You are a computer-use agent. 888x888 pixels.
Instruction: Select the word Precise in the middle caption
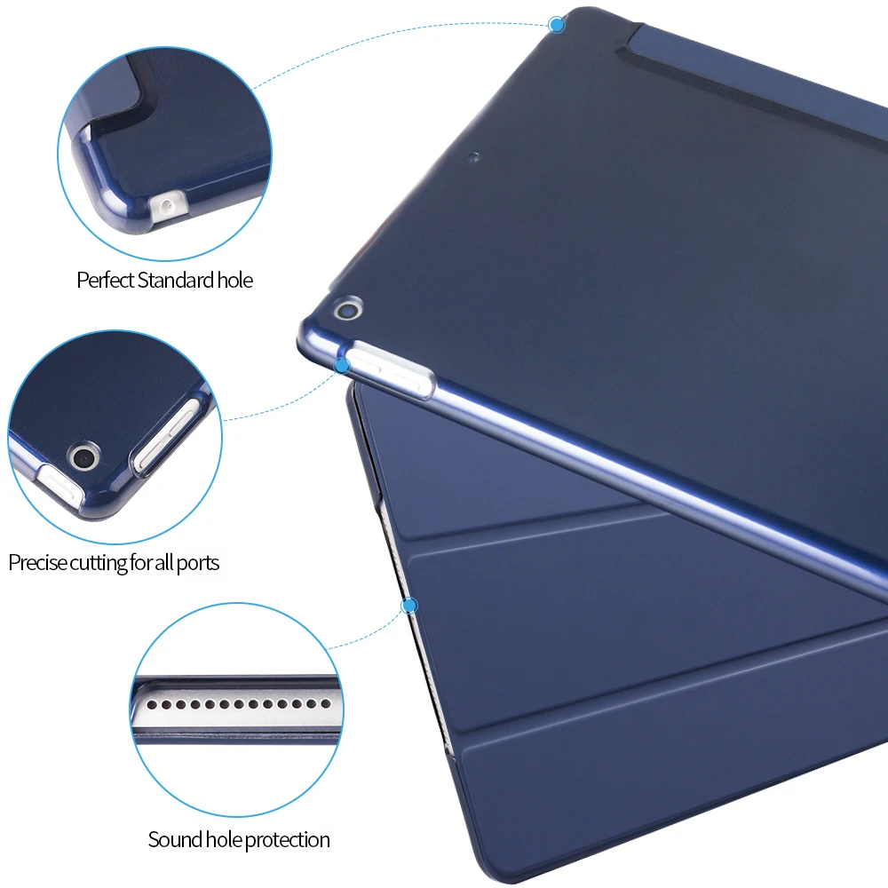pyautogui.click(x=36, y=562)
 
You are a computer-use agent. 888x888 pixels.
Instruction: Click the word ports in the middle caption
pyautogui.click(x=197, y=562)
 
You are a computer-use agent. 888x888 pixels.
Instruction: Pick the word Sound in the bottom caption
pyautogui.click(x=172, y=839)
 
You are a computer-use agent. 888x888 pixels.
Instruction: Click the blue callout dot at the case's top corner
pyautogui.click(x=558, y=24)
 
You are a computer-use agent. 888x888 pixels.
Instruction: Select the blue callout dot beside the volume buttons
pyautogui.click(x=342, y=365)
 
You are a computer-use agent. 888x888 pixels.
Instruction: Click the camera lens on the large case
pyautogui.click(x=345, y=309)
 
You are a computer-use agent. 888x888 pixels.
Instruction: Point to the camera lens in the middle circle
pyautogui.click(x=85, y=458)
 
